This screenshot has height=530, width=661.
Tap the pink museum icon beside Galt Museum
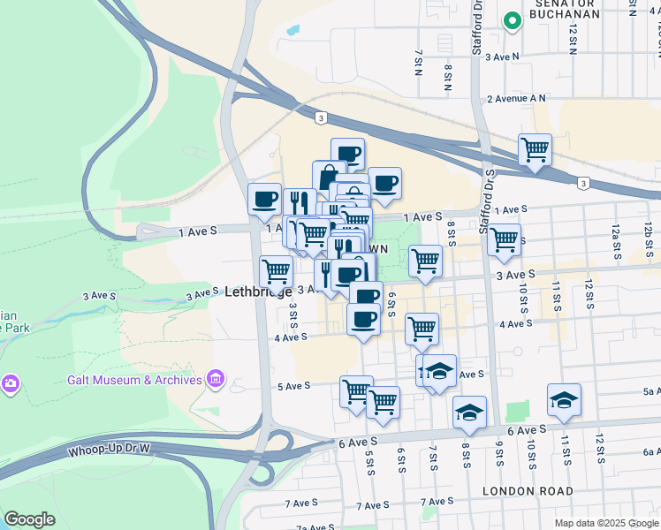tap(216, 380)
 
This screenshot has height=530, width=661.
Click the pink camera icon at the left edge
tap(10, 382)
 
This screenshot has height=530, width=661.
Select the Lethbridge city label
tap(258, 291)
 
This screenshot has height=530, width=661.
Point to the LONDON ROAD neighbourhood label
tap(528, 490)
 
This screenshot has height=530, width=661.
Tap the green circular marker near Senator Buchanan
tap(511, 21)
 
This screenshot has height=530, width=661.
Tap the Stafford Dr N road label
tap(477, 26)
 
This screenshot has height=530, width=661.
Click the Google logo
tap(29, 519)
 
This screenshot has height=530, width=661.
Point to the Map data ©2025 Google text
tap(605, 523)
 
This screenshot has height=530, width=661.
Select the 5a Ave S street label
tap(652, 390)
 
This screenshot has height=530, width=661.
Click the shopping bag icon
tap(329, 176)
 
